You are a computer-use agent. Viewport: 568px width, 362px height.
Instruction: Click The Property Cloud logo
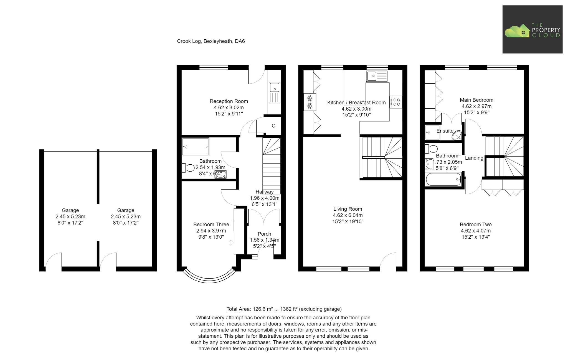pos(532,30)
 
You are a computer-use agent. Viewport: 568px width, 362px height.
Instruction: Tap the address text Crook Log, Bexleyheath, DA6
pos(211,41)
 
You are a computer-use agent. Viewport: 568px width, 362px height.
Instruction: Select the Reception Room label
pos(229,101)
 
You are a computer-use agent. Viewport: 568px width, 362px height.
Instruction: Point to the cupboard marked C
pos(273,126)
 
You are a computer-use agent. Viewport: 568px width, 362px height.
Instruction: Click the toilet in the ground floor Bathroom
pos(188,168)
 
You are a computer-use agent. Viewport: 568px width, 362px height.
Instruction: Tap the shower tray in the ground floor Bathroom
pos(195,147)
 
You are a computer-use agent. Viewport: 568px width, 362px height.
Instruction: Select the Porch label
pos(264,234)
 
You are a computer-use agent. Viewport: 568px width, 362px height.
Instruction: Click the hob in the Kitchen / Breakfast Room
pos(396,102)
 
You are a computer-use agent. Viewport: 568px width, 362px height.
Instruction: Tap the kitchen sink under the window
pos(376,76)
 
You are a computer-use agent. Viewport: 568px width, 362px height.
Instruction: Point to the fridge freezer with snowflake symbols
pos(310,102)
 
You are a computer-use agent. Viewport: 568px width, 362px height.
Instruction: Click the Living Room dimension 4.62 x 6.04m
pos(348,215)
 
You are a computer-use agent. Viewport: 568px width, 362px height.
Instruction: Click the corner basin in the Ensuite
pos(457,135)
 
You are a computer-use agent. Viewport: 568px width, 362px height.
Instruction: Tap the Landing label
pos(474,158)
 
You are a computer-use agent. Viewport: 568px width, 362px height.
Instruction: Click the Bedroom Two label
pos(475,225)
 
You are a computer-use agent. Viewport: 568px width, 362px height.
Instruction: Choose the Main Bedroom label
pos(476,100)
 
